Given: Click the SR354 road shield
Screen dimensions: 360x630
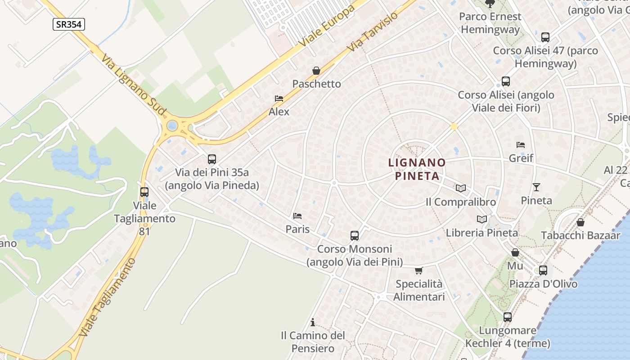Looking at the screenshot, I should click(x=68, y=24).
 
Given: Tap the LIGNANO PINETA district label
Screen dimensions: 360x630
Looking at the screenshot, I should click(x=417, y=169).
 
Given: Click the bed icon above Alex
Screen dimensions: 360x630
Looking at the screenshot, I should click(x=279, y=99).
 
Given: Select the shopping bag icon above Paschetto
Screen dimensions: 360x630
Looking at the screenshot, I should click(x=316, y=71).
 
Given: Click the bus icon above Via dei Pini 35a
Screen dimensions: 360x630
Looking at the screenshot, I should click(x=211, y=159).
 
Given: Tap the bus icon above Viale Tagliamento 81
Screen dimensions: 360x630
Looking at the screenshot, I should click(x=144, y=192).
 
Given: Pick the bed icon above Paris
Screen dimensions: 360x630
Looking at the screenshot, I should click(x=297, y=216).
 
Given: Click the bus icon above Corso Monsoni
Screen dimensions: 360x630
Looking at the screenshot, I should click(x=355, y=235).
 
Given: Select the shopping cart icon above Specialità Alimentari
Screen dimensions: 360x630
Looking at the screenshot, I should click(x=419, y=270).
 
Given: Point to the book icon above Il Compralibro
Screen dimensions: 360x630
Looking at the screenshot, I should click(x=460, y=189).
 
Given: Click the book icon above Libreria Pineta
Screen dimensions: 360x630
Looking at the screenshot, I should click(x=481, y=219).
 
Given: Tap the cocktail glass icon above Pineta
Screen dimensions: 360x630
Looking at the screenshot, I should click(x=536, y=187).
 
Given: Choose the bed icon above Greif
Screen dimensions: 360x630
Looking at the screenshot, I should click(x=521, y=145).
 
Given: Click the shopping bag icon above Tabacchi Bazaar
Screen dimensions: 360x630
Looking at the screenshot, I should click(x=580, y=222).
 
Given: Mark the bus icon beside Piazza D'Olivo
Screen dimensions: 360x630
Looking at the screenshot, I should click(x=543, y=270).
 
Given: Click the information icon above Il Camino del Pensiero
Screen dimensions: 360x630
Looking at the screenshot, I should click(x=313, y=322).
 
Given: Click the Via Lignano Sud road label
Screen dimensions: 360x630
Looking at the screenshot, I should click(x=134, y=85).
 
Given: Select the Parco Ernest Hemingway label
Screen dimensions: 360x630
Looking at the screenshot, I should click(x=490, y=23).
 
